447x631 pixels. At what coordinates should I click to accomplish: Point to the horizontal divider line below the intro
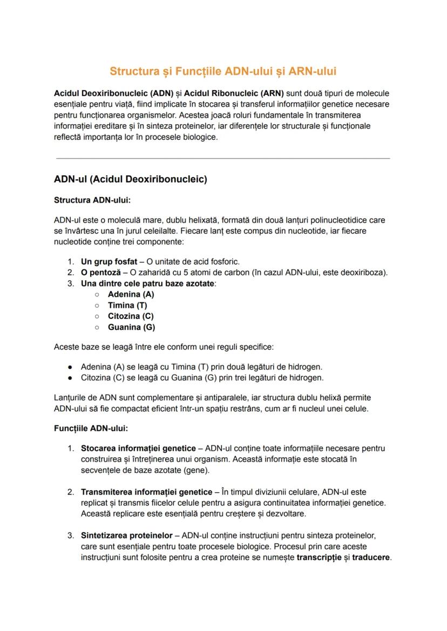point(223,158)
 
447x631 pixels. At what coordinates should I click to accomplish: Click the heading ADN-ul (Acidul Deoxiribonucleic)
point(131,179)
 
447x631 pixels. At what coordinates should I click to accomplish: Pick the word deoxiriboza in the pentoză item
point(364,272)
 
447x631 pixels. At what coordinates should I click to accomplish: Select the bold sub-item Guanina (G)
point(131,327)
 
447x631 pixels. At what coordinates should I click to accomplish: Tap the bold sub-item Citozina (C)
point(131,316)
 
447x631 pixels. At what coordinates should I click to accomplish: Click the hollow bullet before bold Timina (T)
point(96,306)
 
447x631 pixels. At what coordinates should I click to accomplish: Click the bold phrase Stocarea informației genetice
point(138,448)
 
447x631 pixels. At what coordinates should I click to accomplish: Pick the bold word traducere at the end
point(371,557)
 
